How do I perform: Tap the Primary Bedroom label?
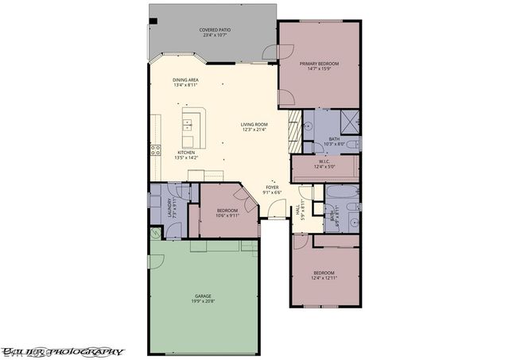pos(319,63)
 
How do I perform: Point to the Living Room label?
pos(254,124)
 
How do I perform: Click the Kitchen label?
pos(186,153)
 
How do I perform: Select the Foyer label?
pos(273,188)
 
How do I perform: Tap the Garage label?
pos(203,295)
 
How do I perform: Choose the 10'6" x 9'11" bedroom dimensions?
pos(227,215)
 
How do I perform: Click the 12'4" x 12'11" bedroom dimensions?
pos(324,277)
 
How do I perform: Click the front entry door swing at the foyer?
pos(275,209)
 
